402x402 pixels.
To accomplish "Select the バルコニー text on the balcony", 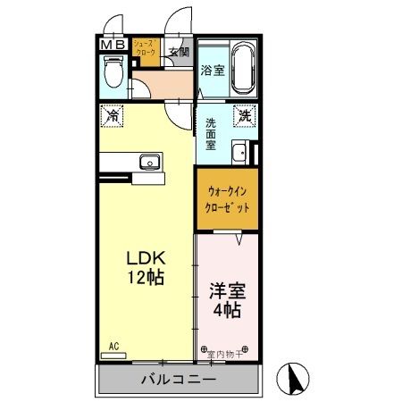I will click(x=176, y=380).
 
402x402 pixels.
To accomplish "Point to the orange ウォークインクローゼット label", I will click(x=229, y=198).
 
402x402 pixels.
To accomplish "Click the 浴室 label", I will click(x=211, y=71).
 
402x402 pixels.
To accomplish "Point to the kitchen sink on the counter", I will click(x=149, y=162).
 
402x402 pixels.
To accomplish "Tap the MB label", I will click(x=112, y=45).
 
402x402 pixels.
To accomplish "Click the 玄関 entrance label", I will click(x=178, y=52).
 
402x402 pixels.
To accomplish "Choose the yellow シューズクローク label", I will click(x=146, y=48).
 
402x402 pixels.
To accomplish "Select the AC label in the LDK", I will click(x=113, y=345).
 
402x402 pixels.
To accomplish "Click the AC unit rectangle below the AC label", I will click(x=113, y=355).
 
